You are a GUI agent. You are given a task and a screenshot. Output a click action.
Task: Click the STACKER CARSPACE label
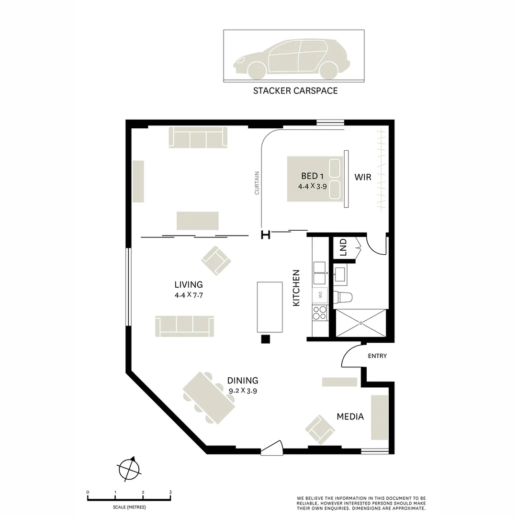295,90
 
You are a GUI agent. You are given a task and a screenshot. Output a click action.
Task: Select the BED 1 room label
312,176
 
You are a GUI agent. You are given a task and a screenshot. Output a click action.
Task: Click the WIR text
362,177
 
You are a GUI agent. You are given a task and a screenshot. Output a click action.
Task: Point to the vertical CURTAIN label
257,183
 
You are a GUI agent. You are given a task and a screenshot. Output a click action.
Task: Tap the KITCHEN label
296,288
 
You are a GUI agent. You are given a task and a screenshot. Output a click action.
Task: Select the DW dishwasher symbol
320,295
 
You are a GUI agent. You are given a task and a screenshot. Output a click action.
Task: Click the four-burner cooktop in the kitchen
319,313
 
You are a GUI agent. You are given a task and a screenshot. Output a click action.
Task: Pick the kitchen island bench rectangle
270,307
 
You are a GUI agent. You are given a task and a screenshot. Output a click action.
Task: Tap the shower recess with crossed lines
360,323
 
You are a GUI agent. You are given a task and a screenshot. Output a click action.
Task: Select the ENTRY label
377,356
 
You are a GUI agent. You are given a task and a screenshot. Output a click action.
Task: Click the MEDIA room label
350,416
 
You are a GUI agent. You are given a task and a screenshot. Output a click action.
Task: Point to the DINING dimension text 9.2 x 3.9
243,391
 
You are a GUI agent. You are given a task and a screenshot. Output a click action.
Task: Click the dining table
209,398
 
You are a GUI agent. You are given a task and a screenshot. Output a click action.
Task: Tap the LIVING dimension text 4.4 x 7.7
189,295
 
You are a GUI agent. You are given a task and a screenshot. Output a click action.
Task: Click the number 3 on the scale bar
170,492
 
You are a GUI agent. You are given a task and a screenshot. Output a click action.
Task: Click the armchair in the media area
320,429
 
